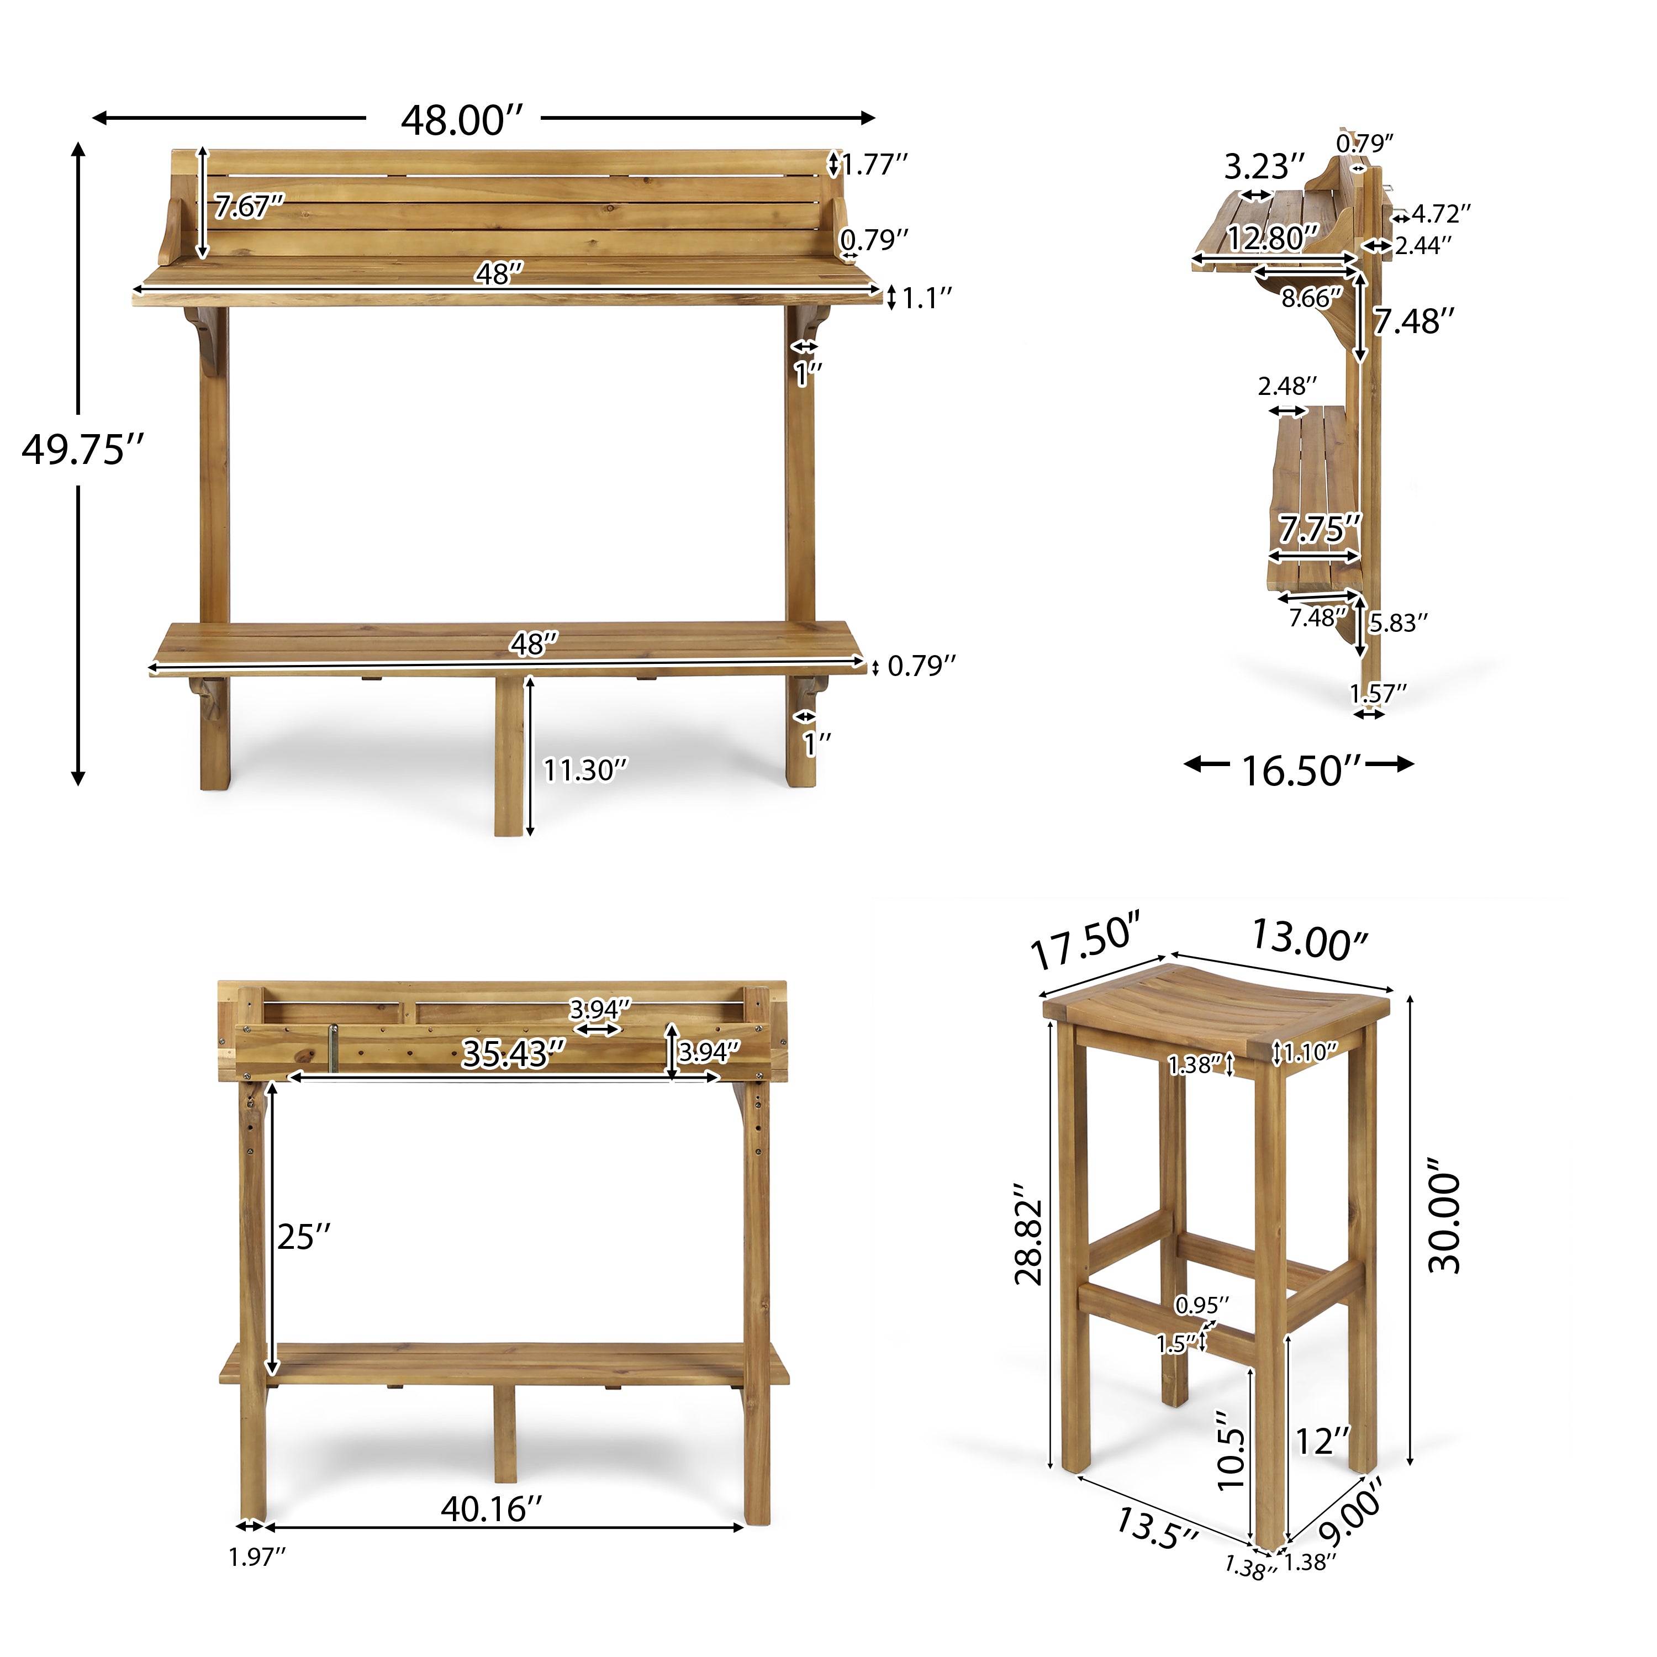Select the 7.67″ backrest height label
[x=249, y=207]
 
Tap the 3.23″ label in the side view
[x=1263, y=166]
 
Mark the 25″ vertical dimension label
[x=304, y=1237]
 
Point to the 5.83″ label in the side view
[x=1398, y=622]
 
